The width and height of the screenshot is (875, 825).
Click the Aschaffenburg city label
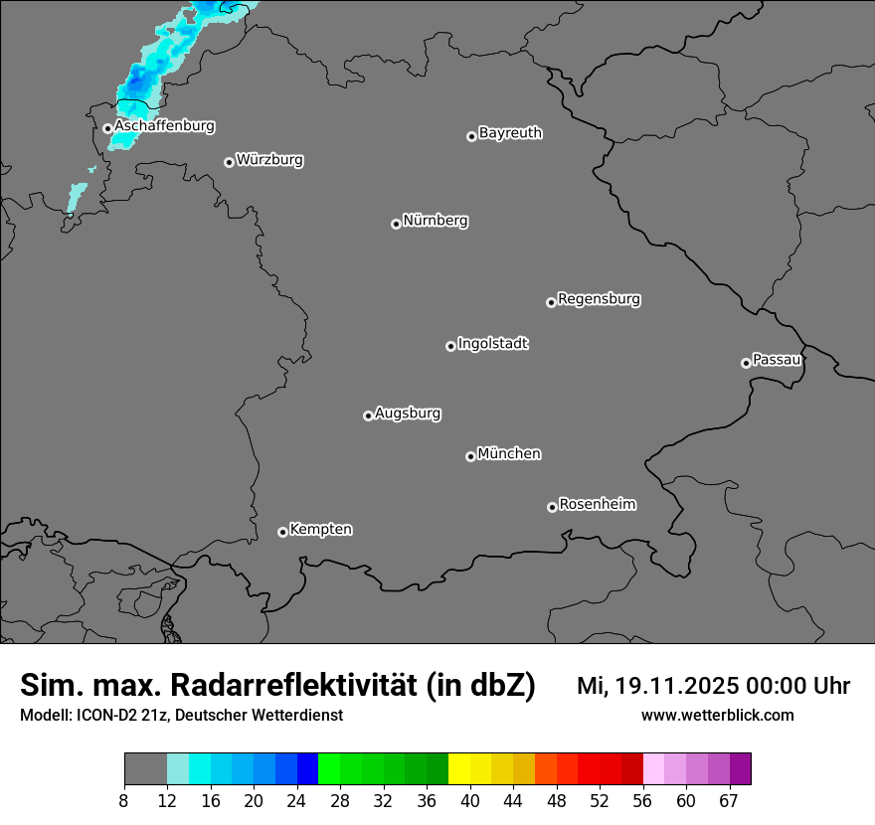(164, 126)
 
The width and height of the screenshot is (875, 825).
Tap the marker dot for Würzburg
(229, 162)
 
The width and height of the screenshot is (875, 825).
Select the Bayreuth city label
(510, 132)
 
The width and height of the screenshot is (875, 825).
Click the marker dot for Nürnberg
(396, 224)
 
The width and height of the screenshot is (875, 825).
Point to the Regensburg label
(599, 298)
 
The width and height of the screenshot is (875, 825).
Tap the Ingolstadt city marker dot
(450, 346)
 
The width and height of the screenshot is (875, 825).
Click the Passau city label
(777, 359)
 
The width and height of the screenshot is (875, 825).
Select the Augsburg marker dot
(368, 415)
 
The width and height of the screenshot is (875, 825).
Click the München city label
(509, 453)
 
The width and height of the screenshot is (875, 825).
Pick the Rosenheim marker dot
(552, 508)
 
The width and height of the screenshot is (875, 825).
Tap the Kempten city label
(320, 529)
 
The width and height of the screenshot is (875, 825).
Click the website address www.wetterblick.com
(717, 715)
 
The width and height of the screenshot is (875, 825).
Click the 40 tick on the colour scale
(469, 801)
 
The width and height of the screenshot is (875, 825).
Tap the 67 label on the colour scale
(729, 801)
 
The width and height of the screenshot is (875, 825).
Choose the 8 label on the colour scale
(124, 801)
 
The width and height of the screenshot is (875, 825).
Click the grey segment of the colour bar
(145, 769)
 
